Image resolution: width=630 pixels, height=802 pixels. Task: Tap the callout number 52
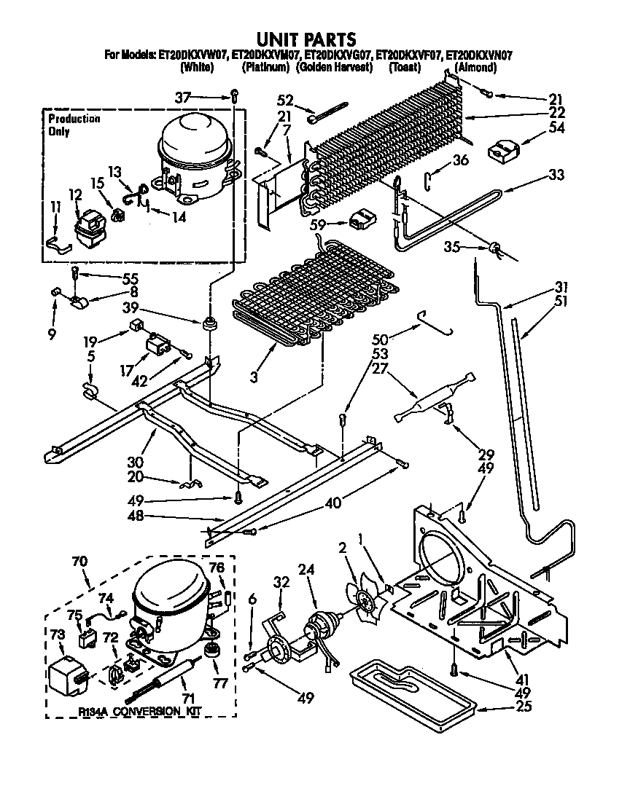285,101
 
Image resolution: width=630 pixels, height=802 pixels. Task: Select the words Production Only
73,125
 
